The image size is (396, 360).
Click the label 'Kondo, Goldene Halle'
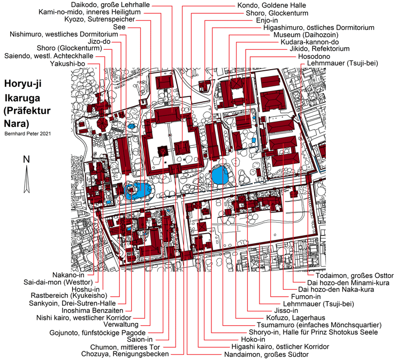pyautogui.click(x=271, y=5)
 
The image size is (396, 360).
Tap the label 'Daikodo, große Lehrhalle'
pyautogui.click(x=110, y=5)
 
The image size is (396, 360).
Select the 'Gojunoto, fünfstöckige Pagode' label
pyautogui.click(x=97, y=333)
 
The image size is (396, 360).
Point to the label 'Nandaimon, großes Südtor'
pyautogui.click(x=266, y=355)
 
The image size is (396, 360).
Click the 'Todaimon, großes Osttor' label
pyautogui.click(x=355, y=275)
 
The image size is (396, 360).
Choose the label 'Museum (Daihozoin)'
pyautogui.click(x=306, y=35)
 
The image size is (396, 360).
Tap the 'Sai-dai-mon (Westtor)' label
pyautogui.click(x=58, y=282)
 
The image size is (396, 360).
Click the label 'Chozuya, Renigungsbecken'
pyautogui.click(x=125, y=354)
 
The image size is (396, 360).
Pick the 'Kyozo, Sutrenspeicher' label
pyautogui.click(x=100, y=19)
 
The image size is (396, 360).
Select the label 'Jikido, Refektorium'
pyautogui.click(x=319, y=49)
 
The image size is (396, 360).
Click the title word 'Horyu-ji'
pyautogui.click(x=22, y=84)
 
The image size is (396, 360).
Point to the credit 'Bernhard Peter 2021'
pyautogui.click(x=27, y=133)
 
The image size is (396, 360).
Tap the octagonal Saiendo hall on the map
pyautogui.click(x=103, y=124)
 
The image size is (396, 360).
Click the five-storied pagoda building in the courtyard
pyautogui.click(x=163, y=151)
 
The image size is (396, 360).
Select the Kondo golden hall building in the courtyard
pyautogui.click(x=182, y=148)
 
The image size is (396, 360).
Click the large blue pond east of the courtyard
pyautogui.click(x=220, y=175)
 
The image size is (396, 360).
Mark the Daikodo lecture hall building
pyautogui.click(x=167, y=115)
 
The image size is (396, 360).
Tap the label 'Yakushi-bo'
pyautogui.click(x=67, y=64)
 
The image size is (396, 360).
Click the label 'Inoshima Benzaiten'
pyautogui.click(x=93, y=311)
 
